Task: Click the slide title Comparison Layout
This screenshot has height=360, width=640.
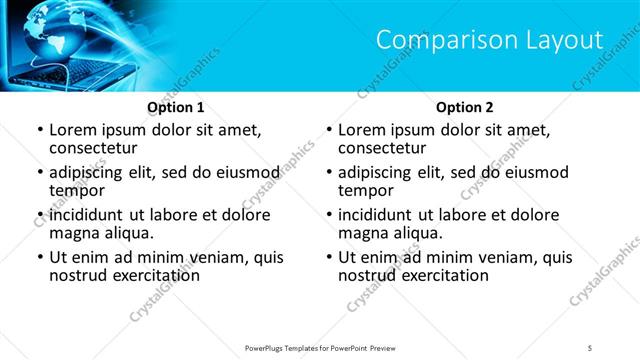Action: tap(489, 40)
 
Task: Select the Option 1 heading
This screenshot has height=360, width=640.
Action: tap(176, 107)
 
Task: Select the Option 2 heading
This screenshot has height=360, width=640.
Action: tap(464, 107)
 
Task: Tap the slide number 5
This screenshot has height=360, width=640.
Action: tap(591, 347)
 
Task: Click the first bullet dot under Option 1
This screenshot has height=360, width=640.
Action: tap(39, 130)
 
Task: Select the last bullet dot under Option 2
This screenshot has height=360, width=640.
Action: tap(328, 257)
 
